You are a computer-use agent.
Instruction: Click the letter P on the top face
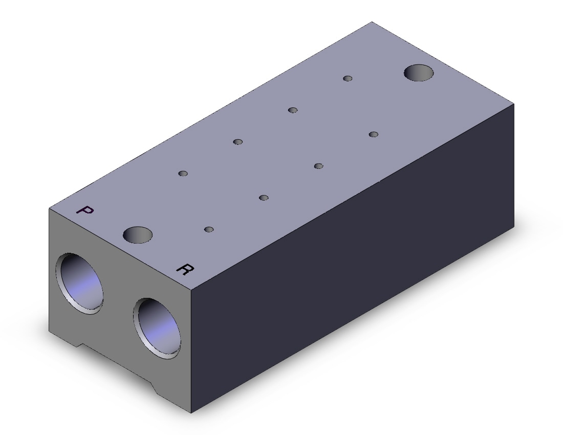85,210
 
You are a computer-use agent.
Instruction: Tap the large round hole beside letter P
138,235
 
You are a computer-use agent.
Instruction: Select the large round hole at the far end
419,73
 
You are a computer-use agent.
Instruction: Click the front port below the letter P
79,284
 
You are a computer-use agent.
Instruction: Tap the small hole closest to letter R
209,229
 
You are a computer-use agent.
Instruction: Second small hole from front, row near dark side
264,198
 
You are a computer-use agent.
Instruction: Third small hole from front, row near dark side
318,166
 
